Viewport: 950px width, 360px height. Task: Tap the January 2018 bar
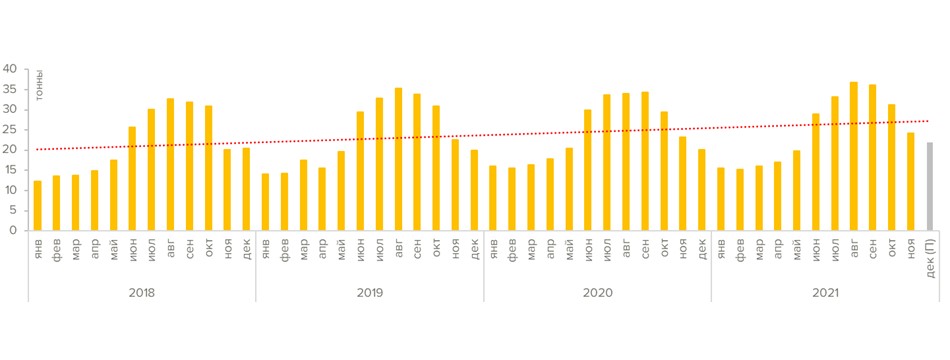37,205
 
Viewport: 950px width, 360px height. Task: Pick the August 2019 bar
398,159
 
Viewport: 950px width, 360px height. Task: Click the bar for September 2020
645,161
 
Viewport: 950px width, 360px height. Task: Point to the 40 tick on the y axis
11,69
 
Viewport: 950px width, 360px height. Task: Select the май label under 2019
341,248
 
